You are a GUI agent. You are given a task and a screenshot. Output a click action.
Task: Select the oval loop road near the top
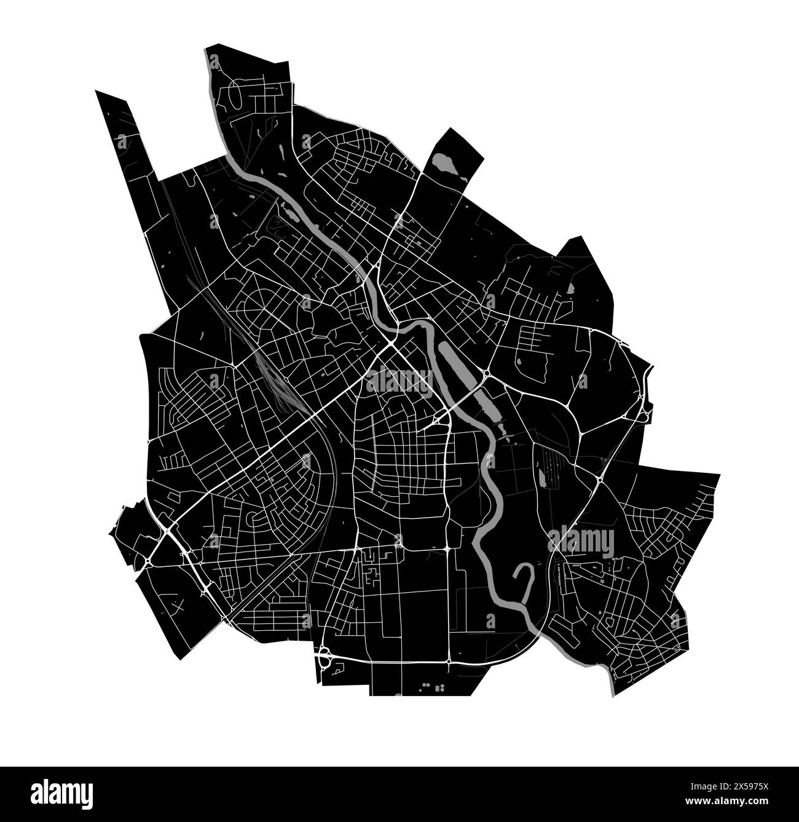[x=235, y=97]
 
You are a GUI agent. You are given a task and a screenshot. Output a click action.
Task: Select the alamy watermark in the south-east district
[x=580, y=541]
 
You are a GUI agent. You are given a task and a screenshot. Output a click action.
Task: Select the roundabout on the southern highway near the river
[x=449, y=661]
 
